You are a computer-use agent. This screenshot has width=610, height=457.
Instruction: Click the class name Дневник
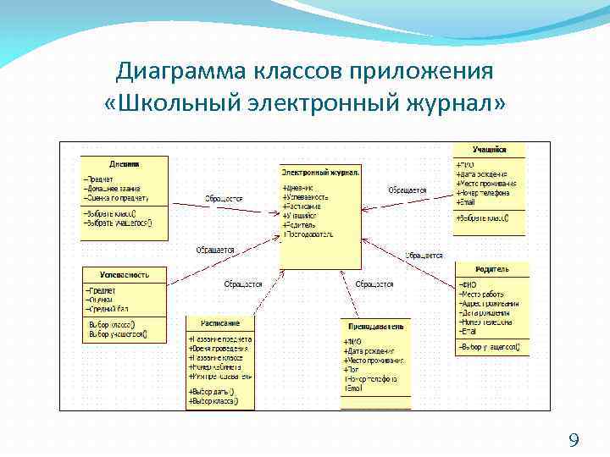point(125,163)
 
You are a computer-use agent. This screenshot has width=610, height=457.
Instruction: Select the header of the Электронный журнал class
point(320,172)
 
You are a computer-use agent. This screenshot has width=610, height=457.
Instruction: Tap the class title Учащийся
point(489,150)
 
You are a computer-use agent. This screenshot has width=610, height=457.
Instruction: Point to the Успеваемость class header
point(125,274)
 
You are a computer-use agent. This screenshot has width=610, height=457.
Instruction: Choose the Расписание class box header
point(220,322)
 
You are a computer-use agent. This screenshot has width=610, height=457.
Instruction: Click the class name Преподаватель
point(375,326)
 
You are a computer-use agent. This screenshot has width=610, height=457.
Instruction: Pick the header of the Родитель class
point(491,269)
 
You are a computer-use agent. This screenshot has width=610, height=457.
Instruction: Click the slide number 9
point(574,439)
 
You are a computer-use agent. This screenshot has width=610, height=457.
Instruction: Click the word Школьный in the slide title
point(179,103)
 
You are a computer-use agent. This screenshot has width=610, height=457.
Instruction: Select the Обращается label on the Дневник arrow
point(224,199)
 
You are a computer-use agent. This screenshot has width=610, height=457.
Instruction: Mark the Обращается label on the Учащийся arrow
point(407,190)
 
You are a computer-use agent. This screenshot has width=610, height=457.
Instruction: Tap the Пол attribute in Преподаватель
point(352,370)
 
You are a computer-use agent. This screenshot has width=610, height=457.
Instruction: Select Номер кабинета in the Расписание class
point(217,367)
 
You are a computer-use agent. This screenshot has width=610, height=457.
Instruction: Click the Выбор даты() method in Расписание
point(210,392)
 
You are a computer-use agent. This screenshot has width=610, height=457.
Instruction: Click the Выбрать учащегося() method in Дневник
point(119,223)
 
